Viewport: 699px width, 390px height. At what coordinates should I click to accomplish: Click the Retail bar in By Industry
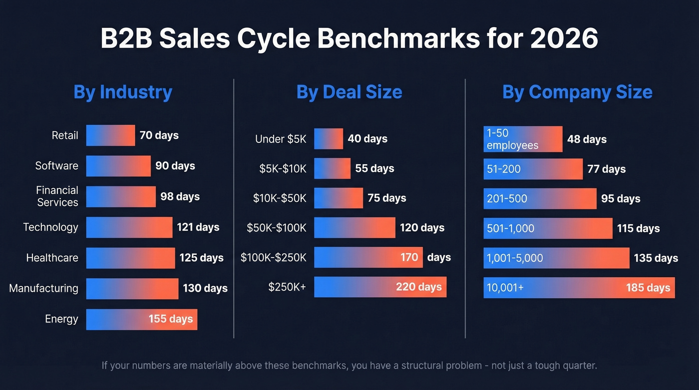coord(110,135)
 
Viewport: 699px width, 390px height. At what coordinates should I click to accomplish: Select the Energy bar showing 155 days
coord(141,319)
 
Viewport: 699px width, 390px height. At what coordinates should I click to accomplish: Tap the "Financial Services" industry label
coord(57,196)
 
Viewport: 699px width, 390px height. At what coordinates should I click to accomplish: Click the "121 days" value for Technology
coord(198,227)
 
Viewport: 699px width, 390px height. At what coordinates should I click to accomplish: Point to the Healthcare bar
coord(130,258)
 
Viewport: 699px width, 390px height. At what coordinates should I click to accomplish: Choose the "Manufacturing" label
coord(43,288)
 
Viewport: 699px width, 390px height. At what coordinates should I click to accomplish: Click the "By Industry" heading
coord(123,92)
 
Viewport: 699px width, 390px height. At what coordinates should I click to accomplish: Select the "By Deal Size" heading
coord(349,92)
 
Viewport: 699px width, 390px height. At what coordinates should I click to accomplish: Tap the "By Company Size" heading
coord(577,92)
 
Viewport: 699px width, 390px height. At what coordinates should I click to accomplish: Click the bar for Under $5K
coord(328,139)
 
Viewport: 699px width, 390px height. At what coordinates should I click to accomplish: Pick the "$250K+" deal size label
coord(287,287)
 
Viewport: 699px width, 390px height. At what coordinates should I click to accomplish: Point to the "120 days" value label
coord(422,228)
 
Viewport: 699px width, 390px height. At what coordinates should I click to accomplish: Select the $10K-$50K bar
coord(338,198)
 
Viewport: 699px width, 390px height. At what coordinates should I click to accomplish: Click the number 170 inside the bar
coord(409,257)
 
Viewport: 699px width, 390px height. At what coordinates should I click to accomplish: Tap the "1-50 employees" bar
coord(523,139)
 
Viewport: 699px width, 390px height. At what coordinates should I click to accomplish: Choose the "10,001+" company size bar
coord(579,288)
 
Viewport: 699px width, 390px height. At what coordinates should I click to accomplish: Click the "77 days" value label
coord(606,169)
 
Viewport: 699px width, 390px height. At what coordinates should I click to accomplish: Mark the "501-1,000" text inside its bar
coord(510,228)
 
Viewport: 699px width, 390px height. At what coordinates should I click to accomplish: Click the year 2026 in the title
coord(564,38)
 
